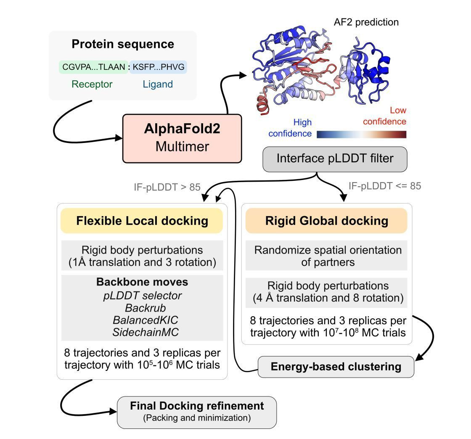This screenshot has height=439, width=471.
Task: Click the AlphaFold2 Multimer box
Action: (x=182, y=138)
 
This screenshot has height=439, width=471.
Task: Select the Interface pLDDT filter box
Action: (x=335, y=159)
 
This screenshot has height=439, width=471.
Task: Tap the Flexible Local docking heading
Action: (x=142, y=221)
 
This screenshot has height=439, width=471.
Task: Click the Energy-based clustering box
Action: (x=336, y=367)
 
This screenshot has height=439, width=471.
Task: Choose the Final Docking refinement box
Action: (x=197, y=412)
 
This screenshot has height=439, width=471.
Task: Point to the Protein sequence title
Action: (x=122, y=44)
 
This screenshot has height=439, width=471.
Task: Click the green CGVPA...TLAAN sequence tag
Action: (x=93, y=66)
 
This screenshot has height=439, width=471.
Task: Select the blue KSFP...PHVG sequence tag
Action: (x=158, y=66)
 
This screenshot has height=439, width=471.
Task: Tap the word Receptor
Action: (x=92, y=84)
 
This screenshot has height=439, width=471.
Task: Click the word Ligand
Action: (x=157, y=84)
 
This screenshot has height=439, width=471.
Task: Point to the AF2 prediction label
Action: (x=366, y=22)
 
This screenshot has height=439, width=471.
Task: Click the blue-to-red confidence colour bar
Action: (x=361, y=134)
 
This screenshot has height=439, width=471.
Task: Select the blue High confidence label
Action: (x=290, y=128)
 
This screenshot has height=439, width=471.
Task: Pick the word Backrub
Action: (x=143, y=308)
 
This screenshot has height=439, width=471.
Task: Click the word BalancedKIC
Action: (x=143, y=320)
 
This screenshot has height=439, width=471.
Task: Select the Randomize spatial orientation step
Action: (x=328, y=256)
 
